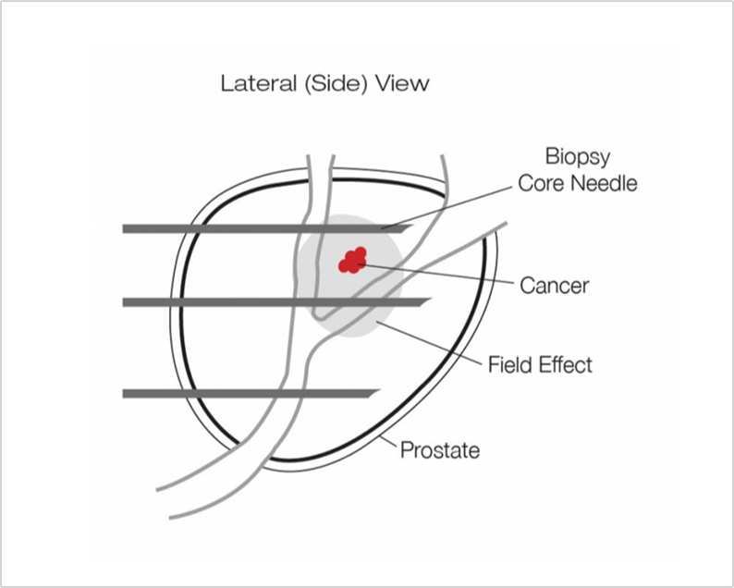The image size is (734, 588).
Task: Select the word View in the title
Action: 402,83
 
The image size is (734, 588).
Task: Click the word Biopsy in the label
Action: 578,157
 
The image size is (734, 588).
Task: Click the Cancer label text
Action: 555,286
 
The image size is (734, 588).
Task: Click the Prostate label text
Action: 440,450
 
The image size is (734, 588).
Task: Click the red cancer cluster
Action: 352,261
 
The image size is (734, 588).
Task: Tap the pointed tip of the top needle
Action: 413,226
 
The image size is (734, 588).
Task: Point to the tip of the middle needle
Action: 431,299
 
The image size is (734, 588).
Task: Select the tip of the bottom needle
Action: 380,390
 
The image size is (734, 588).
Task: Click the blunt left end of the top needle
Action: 123,228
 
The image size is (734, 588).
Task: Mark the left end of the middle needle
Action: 123,302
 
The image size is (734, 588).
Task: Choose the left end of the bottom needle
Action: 123,394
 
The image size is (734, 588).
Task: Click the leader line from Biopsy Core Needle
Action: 447,207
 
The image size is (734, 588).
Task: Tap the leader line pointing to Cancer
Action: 434,274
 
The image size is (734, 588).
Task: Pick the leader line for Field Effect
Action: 429,344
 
